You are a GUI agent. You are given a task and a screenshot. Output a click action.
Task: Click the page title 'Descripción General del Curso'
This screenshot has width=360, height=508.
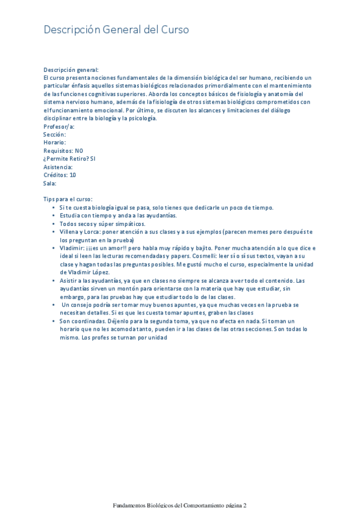point(116,30)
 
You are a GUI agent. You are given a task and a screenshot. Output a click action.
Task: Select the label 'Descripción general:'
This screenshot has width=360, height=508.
point(71,70)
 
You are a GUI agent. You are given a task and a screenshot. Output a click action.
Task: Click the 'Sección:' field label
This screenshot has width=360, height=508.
point(55,135)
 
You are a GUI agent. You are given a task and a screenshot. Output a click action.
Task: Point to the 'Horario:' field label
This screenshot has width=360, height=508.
point(55,143)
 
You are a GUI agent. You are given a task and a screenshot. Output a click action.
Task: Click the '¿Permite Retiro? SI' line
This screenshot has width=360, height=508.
point(69,159)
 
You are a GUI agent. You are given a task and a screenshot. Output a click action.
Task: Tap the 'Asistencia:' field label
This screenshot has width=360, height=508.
point(58,167)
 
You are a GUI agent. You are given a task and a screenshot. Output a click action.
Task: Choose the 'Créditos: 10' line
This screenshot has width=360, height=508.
point(60,175)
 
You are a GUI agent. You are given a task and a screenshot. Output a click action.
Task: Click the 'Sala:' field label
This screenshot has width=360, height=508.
point(50,183)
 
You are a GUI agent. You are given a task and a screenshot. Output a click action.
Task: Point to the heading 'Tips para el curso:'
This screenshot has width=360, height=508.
point(68,199)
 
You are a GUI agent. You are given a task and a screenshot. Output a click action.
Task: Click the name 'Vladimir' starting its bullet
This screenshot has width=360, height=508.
point(72,247)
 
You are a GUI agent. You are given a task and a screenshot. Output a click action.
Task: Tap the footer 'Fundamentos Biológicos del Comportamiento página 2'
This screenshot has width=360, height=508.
point(180,504)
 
